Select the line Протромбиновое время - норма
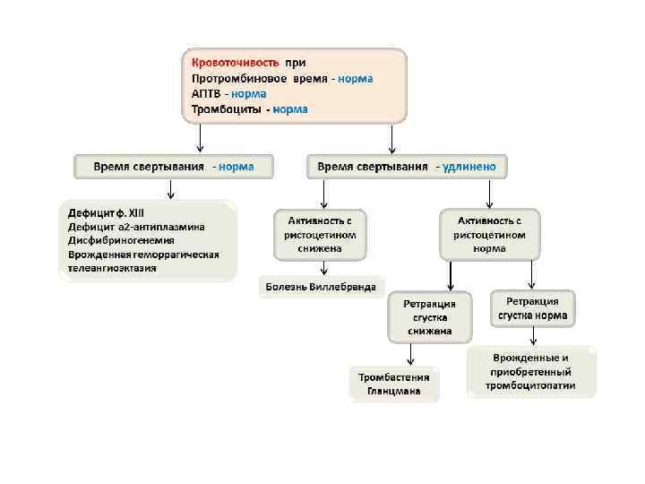pyautogui.click(x=282, y=78)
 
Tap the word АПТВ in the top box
pyautogui.click(x=205, y=93)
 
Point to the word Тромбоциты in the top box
pyautogui.click(x=223, y=109)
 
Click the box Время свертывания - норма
pyautogui.click(x=174, y=167)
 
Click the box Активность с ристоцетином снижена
pyautogui.click(x=321, y=234)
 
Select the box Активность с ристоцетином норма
pyautogui.click(x=489, y=234)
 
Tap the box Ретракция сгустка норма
pyautogui.click(x=533, y=309)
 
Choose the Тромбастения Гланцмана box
pyautogui.click(x=394, y=384)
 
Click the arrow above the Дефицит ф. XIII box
pyautogui.click(x=170, y=189)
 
